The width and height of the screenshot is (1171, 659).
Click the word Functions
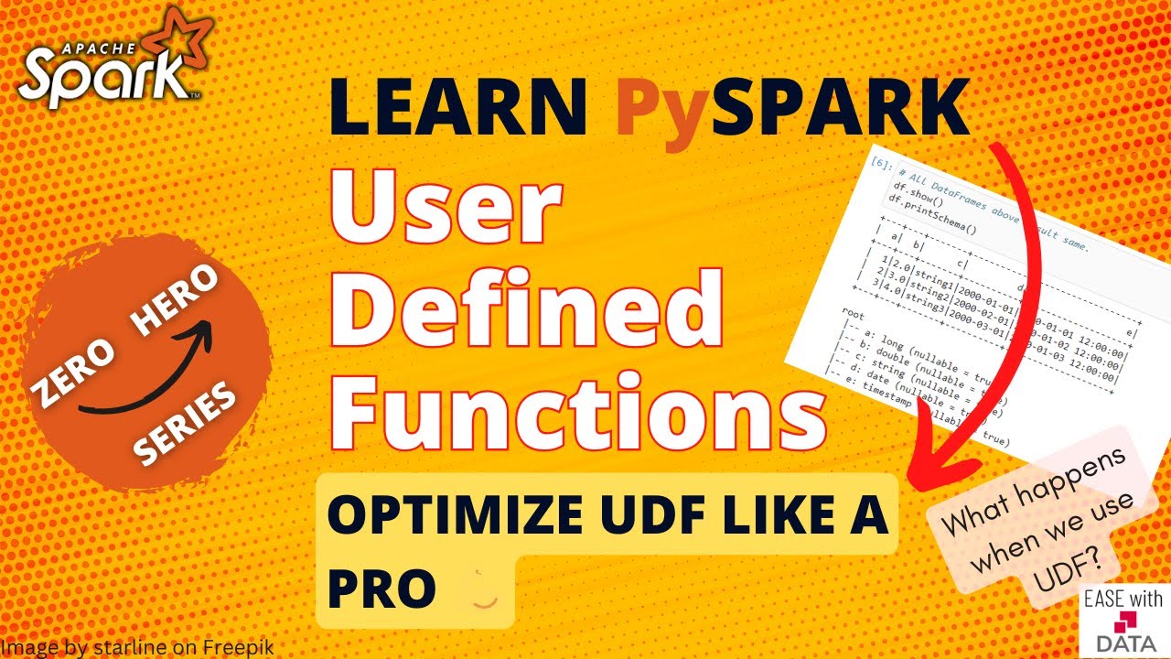coord(577,411)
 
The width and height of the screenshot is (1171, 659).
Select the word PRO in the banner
coord(381,590)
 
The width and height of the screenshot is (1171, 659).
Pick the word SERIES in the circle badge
coord(187,422)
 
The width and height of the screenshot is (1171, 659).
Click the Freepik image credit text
coord(137,647)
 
